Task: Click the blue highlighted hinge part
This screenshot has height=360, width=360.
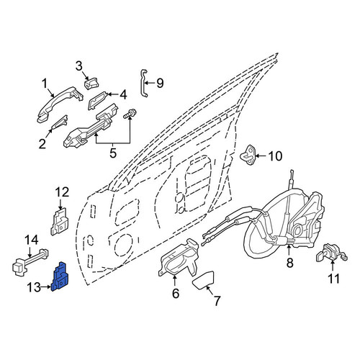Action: pos(60,276)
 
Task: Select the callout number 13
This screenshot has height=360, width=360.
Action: pos(34,287)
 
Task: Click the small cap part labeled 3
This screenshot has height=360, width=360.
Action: pos(91,84)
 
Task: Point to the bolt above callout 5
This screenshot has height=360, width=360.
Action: pos(130,113)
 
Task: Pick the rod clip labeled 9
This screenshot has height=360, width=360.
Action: pos(144,84)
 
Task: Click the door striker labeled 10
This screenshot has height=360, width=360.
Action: pos(248,156)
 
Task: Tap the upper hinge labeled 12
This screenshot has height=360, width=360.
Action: pos(60,221)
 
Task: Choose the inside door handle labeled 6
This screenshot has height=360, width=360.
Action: pos(179,258)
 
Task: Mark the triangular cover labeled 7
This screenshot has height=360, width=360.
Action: pos(204,280)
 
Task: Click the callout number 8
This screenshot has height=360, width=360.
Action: pos(289,263)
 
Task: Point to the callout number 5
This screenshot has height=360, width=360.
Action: pos(113,153)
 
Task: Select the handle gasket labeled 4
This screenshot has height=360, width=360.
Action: pos(97,100)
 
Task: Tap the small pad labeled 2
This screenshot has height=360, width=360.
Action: pos(60,122)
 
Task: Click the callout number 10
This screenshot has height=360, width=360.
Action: pos(275,156)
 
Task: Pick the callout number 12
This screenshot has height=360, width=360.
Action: pos(62,192)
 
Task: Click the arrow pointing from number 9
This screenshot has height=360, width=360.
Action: pos(150,84)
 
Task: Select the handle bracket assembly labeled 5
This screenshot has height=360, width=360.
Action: pos(91,125)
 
